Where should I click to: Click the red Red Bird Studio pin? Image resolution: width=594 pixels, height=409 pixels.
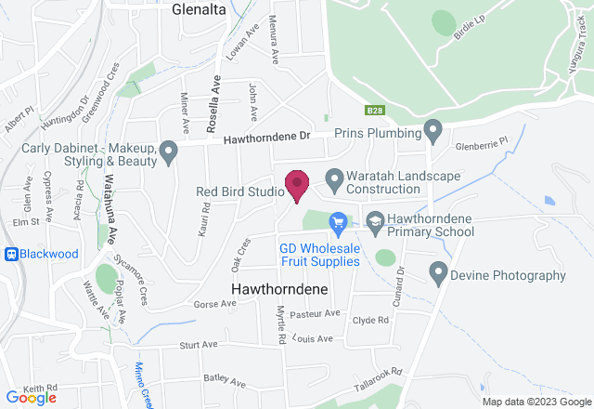coord(296,185)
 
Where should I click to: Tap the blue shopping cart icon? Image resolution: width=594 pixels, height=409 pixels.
coord(338,221)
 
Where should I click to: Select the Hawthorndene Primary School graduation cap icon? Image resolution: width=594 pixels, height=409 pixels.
coord(375,221)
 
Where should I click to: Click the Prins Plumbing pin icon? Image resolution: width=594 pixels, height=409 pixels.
coord(432,128)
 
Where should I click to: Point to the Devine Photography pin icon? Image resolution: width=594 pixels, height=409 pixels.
coord(439,271)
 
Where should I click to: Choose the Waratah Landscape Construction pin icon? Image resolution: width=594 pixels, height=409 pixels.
coord(333,176)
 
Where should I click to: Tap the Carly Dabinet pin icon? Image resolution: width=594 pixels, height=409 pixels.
coord(168,150)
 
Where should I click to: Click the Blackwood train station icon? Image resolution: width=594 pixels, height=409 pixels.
coord(11,254)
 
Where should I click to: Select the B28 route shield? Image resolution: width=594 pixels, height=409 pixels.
coord(374,111)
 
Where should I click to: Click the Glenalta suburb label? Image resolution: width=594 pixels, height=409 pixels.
coord(200,9)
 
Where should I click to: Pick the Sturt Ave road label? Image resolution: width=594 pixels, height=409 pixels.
coord(184,345)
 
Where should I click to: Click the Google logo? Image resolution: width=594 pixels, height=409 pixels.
coord(30,398)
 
